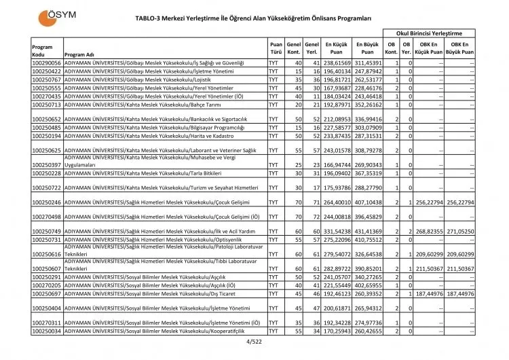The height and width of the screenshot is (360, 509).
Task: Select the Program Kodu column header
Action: (x=45, y=50)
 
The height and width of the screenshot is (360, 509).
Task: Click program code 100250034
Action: (x=47, y=331)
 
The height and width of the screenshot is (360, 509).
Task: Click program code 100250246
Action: (x=47, y=202)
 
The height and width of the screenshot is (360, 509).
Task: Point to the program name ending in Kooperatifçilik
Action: (x=165, y=331)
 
